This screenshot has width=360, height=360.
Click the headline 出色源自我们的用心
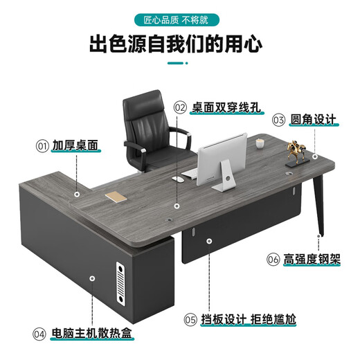tap(179, 45)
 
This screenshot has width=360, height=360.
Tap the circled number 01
tap(42, 147)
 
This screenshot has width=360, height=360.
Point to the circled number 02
tap(180, 107)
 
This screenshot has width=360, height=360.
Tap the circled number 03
tap(278, 120)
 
